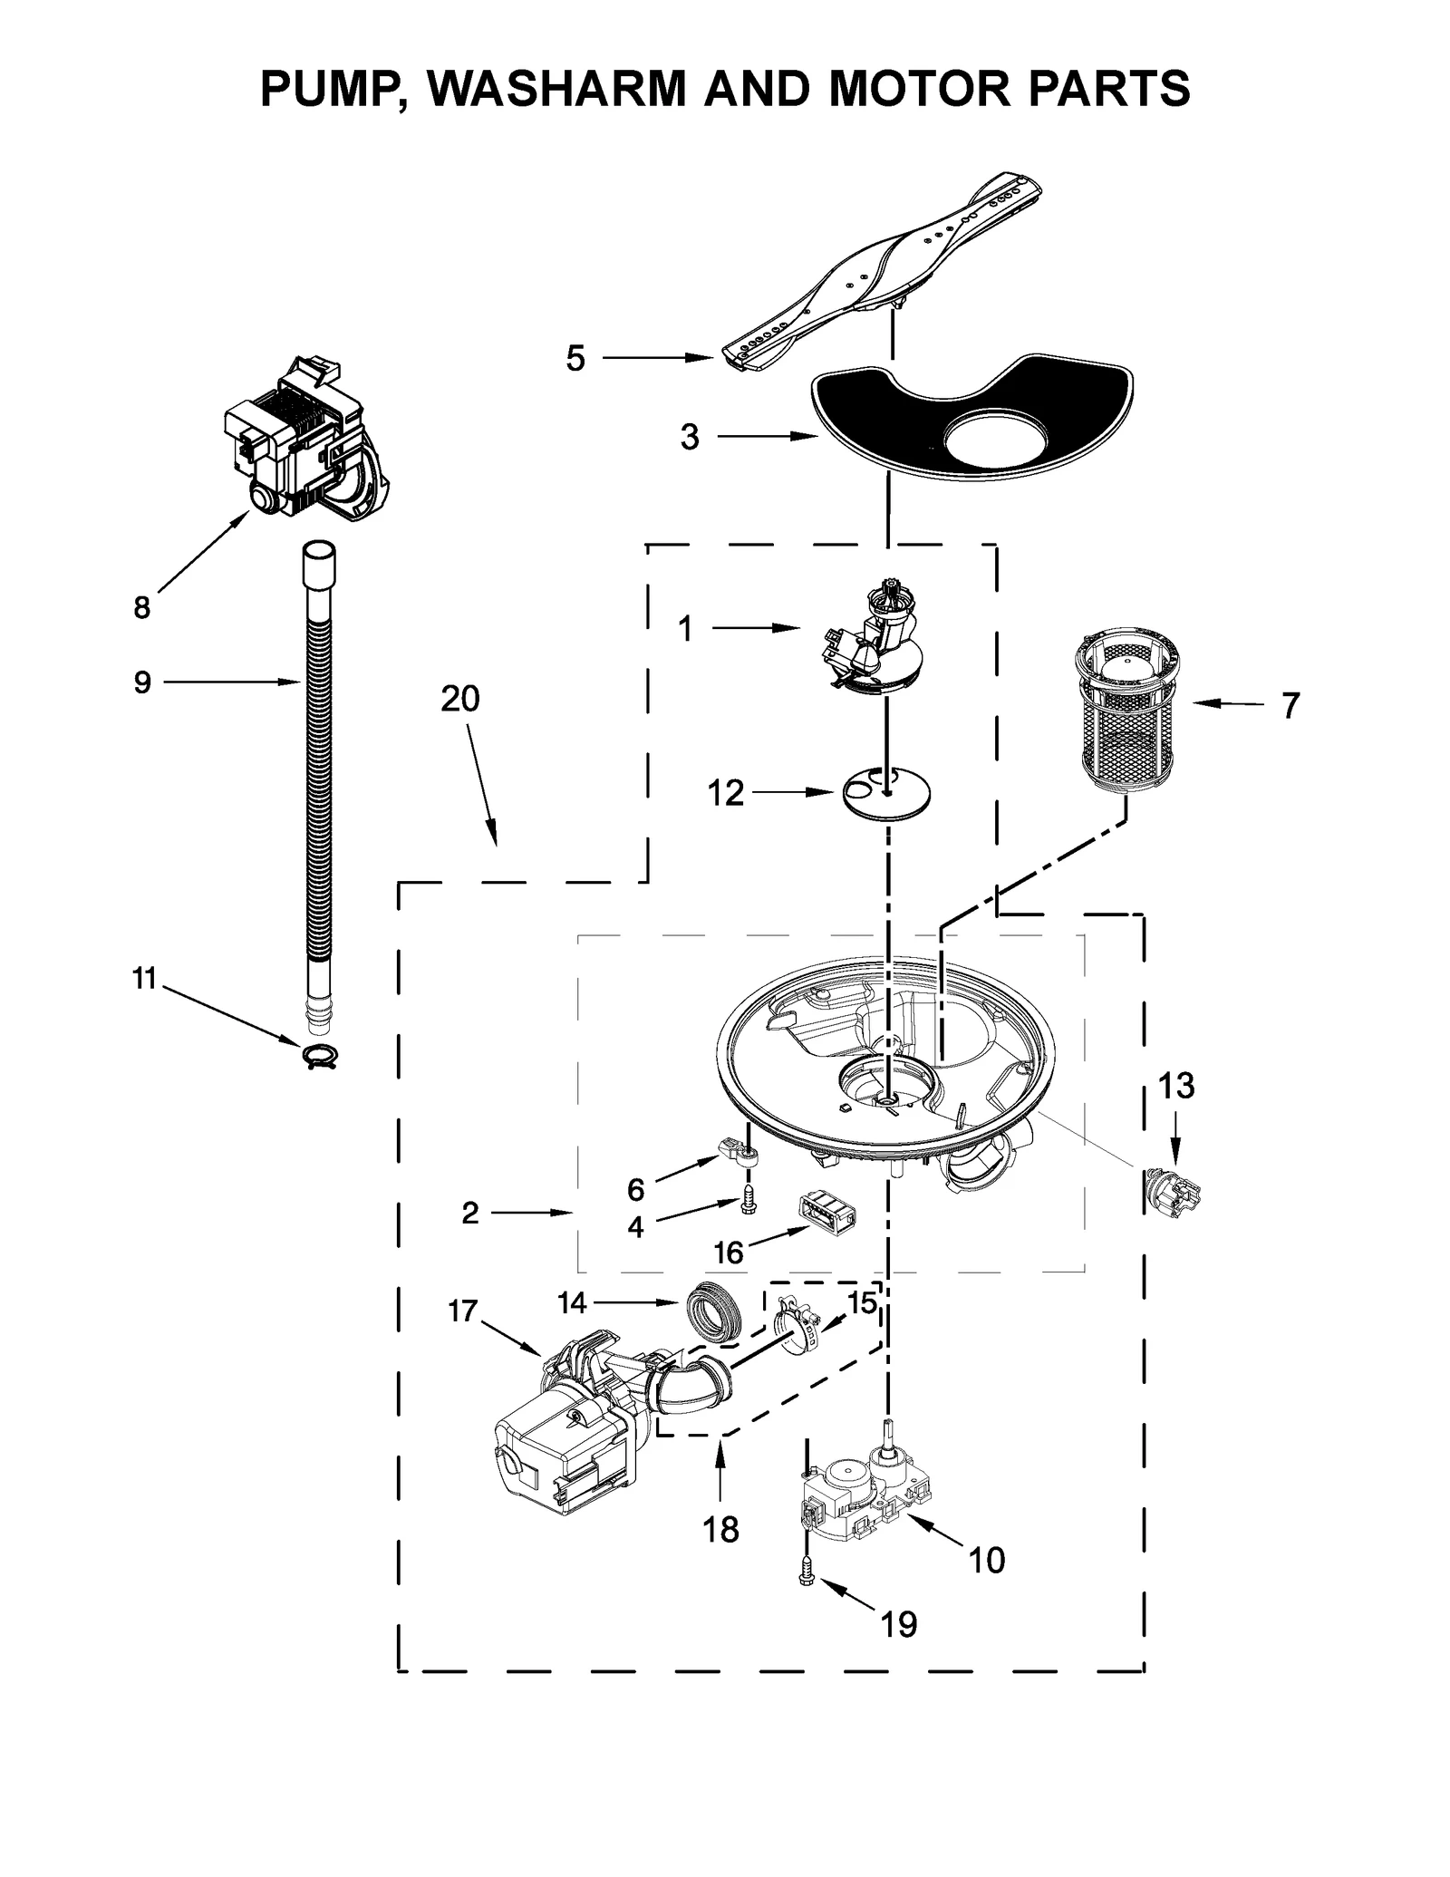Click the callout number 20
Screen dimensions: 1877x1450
coord(459,699)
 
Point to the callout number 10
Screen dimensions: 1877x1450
coord(986,1561)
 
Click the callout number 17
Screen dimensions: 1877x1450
coord(462,1311)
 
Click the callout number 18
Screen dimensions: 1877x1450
coord(720,1530)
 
